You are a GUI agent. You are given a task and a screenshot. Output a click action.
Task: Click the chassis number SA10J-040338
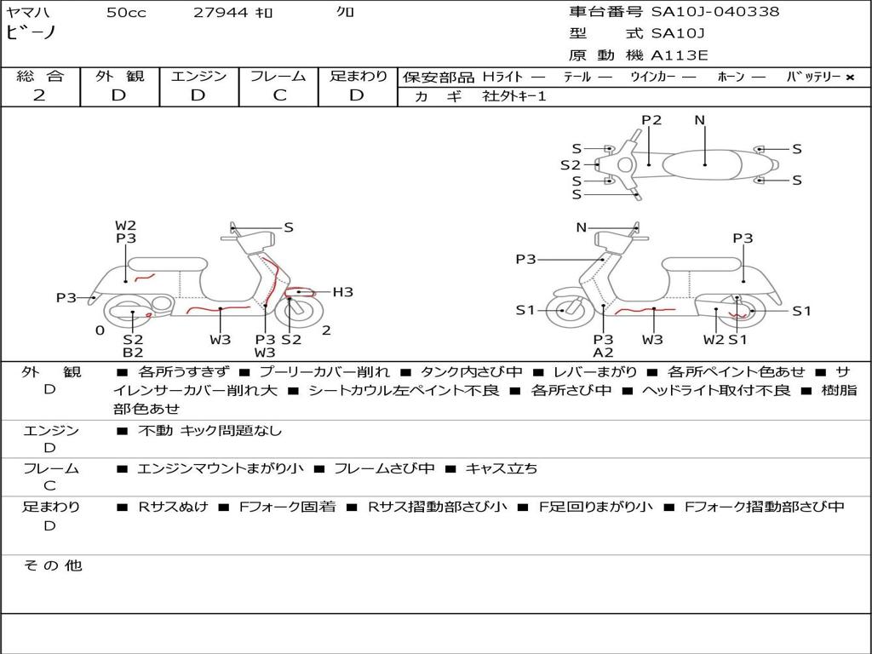pos(715,12)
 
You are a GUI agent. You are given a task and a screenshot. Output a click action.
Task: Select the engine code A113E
pos(679,56)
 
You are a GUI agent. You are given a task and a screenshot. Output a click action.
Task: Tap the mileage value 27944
pos(221,12)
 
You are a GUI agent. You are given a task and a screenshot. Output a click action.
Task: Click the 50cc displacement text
pos(124,12)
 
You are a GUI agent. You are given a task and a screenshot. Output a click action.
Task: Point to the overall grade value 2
pos(39,95)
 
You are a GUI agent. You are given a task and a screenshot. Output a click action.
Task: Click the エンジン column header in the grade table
pos(198,77)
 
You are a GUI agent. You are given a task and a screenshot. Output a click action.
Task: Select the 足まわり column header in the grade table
pos(359,77)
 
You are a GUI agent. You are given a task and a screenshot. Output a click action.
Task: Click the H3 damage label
pos(342,292)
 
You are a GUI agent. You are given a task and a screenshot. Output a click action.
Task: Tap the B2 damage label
pos(133,353)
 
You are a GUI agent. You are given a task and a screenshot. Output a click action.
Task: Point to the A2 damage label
pos(603,353)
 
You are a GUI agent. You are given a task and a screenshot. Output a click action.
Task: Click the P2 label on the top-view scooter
pos(651,120)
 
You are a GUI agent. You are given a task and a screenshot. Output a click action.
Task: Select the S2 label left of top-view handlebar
pos(570,165)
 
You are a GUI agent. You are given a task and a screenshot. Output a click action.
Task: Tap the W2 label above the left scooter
pos(126,226)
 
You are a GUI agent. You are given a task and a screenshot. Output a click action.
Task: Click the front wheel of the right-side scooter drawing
pos(565,311)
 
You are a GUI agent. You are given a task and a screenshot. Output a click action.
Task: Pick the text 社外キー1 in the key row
pos(514,96)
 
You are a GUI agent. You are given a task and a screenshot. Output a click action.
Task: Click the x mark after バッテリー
pos(849,77)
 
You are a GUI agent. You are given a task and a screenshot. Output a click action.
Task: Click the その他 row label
pos(52,565)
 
